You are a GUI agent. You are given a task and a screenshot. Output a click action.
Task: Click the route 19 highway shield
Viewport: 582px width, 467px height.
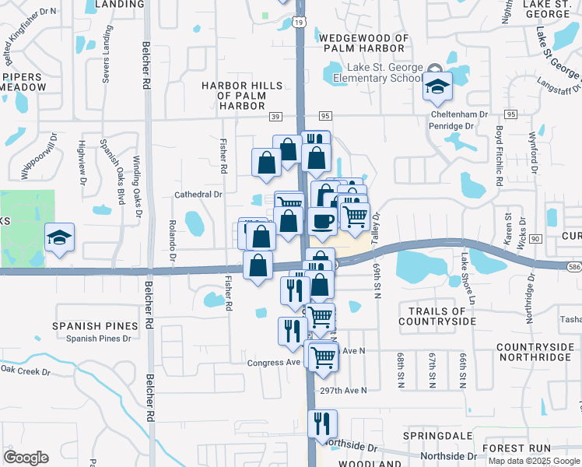point(300,24)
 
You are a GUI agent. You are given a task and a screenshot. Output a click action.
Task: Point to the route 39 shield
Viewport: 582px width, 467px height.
point(275,116)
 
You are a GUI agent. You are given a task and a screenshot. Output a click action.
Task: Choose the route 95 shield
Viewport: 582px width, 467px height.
point(325,116)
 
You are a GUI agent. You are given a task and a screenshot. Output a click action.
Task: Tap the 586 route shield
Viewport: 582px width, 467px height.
point(574,265)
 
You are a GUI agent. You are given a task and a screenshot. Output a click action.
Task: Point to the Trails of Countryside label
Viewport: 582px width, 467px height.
point(436,316)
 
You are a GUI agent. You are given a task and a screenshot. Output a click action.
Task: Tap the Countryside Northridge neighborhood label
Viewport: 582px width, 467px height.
point(534,352)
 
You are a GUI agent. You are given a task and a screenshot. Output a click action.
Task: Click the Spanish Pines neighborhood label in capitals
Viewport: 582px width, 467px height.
point(96,326)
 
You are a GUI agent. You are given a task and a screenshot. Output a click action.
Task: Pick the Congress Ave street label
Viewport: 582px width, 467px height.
point(274,363)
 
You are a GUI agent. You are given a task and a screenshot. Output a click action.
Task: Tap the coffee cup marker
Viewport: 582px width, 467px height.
point(322,221)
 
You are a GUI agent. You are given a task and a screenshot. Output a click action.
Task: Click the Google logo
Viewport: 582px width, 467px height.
point(26,458)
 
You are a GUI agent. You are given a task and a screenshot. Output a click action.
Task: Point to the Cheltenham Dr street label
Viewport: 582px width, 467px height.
point(459,114)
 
